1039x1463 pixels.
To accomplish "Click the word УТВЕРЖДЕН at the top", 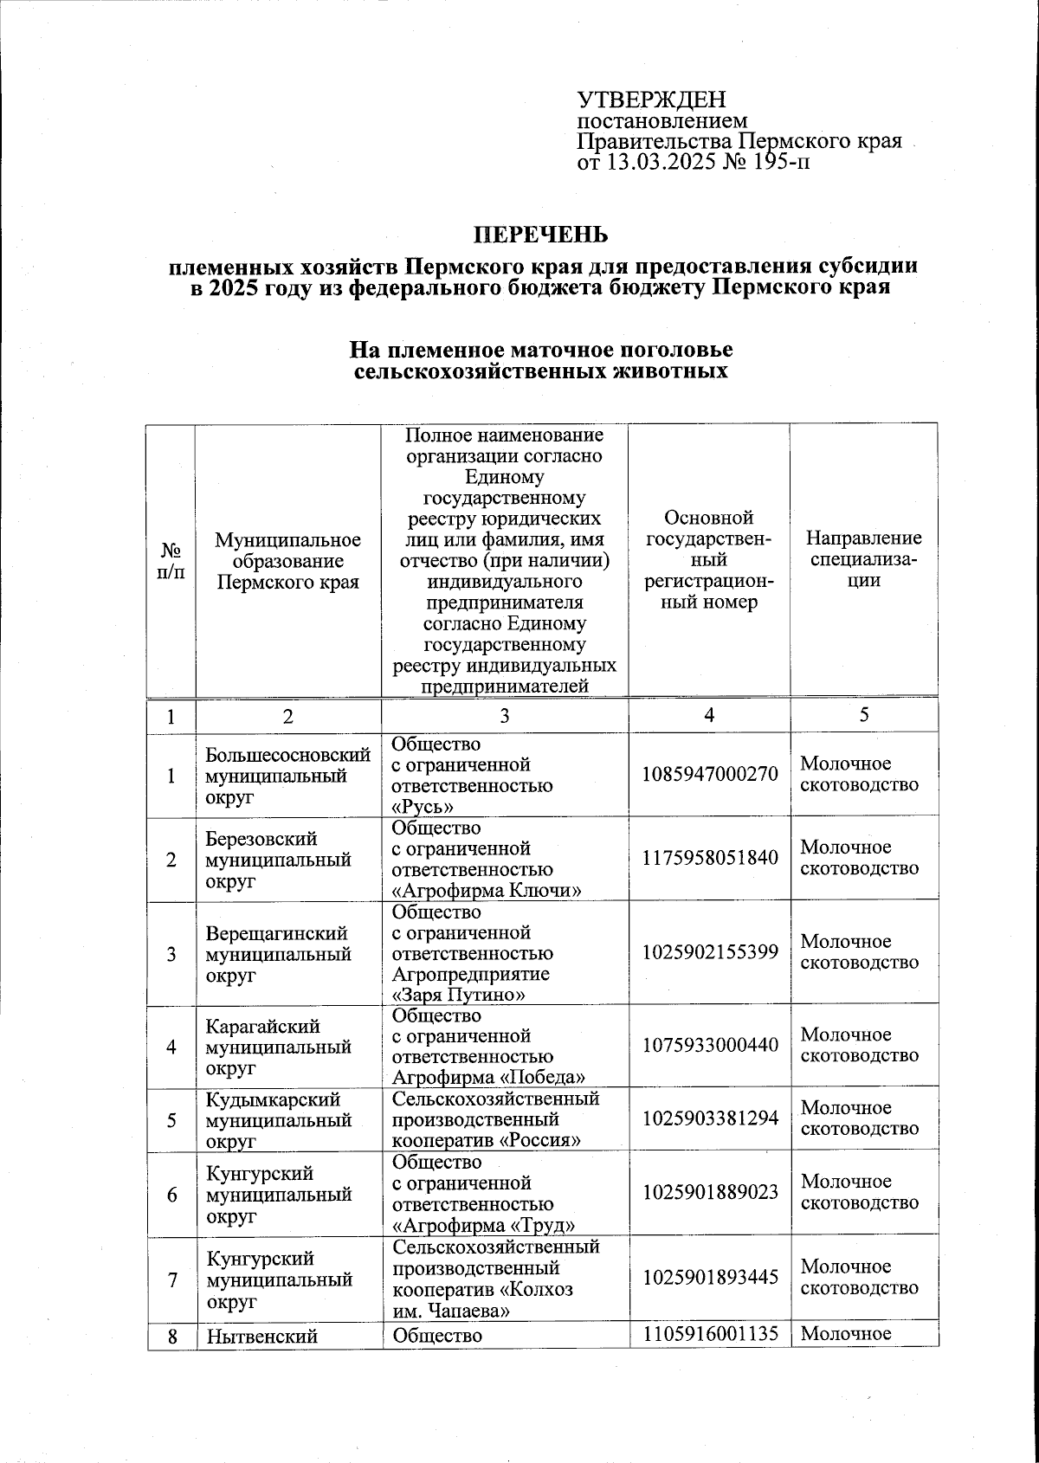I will click(651, 100).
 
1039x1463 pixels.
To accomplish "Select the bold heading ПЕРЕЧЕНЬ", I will click(540, 235).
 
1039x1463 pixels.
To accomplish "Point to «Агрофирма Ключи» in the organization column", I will click(487, 891).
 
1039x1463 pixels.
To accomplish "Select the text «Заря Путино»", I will click(459, 995).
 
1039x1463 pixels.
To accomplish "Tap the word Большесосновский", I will click(288, 755).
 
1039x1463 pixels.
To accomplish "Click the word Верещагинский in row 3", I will click(276, 933).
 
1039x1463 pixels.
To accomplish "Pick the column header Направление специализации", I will click(863, 559).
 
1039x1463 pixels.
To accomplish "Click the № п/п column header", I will click(171, 560).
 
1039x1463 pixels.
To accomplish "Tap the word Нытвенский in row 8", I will click(261, 1336).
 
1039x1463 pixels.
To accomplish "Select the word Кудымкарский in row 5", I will click(273, 1099).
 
